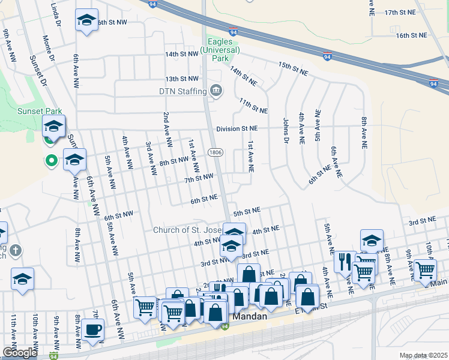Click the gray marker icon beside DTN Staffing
[215, 91]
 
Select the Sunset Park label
[22, 111]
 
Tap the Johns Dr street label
[286, 130]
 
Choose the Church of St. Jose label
[187, 230]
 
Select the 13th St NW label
[181, 79]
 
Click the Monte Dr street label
[49, 49]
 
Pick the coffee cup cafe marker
[93, 330]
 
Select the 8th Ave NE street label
[364, 133]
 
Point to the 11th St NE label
[253, 106]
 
